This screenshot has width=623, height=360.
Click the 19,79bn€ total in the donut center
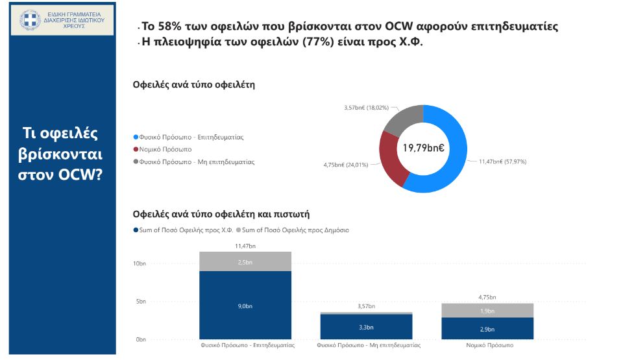coord(423,149)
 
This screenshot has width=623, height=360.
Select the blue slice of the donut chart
coord(454,156)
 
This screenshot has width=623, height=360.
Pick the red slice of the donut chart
coord(389,159)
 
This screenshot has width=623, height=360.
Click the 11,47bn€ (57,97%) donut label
coord(502,161)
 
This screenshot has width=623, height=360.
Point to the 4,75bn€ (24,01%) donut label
coord(345,165)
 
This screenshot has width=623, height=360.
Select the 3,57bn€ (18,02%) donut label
coord(366,108)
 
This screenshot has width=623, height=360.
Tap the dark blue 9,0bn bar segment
coord(245,305)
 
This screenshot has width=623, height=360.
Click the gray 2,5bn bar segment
coord(245,261)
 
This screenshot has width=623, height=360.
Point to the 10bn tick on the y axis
coord(140,263)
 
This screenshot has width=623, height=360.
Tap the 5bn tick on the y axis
coord(141,302)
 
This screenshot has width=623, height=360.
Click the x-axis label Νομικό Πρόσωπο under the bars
coord(490,345)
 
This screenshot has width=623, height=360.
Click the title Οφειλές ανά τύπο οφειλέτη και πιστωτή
coord(225,213)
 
